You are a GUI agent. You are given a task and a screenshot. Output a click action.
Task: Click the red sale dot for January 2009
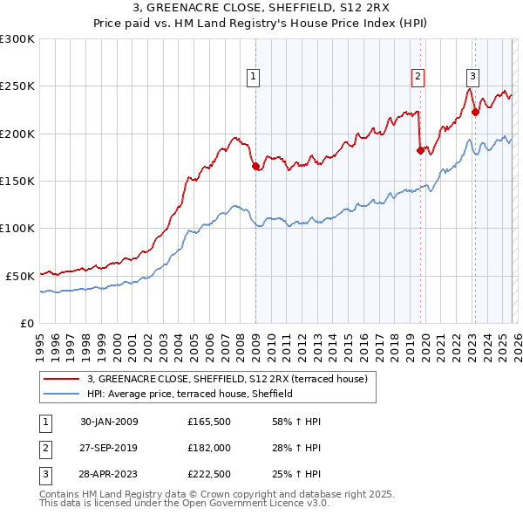[255, 167]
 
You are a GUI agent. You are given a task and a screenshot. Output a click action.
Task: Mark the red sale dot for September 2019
[420, 150]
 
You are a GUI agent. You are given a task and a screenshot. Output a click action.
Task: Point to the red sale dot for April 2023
[475, 112]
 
